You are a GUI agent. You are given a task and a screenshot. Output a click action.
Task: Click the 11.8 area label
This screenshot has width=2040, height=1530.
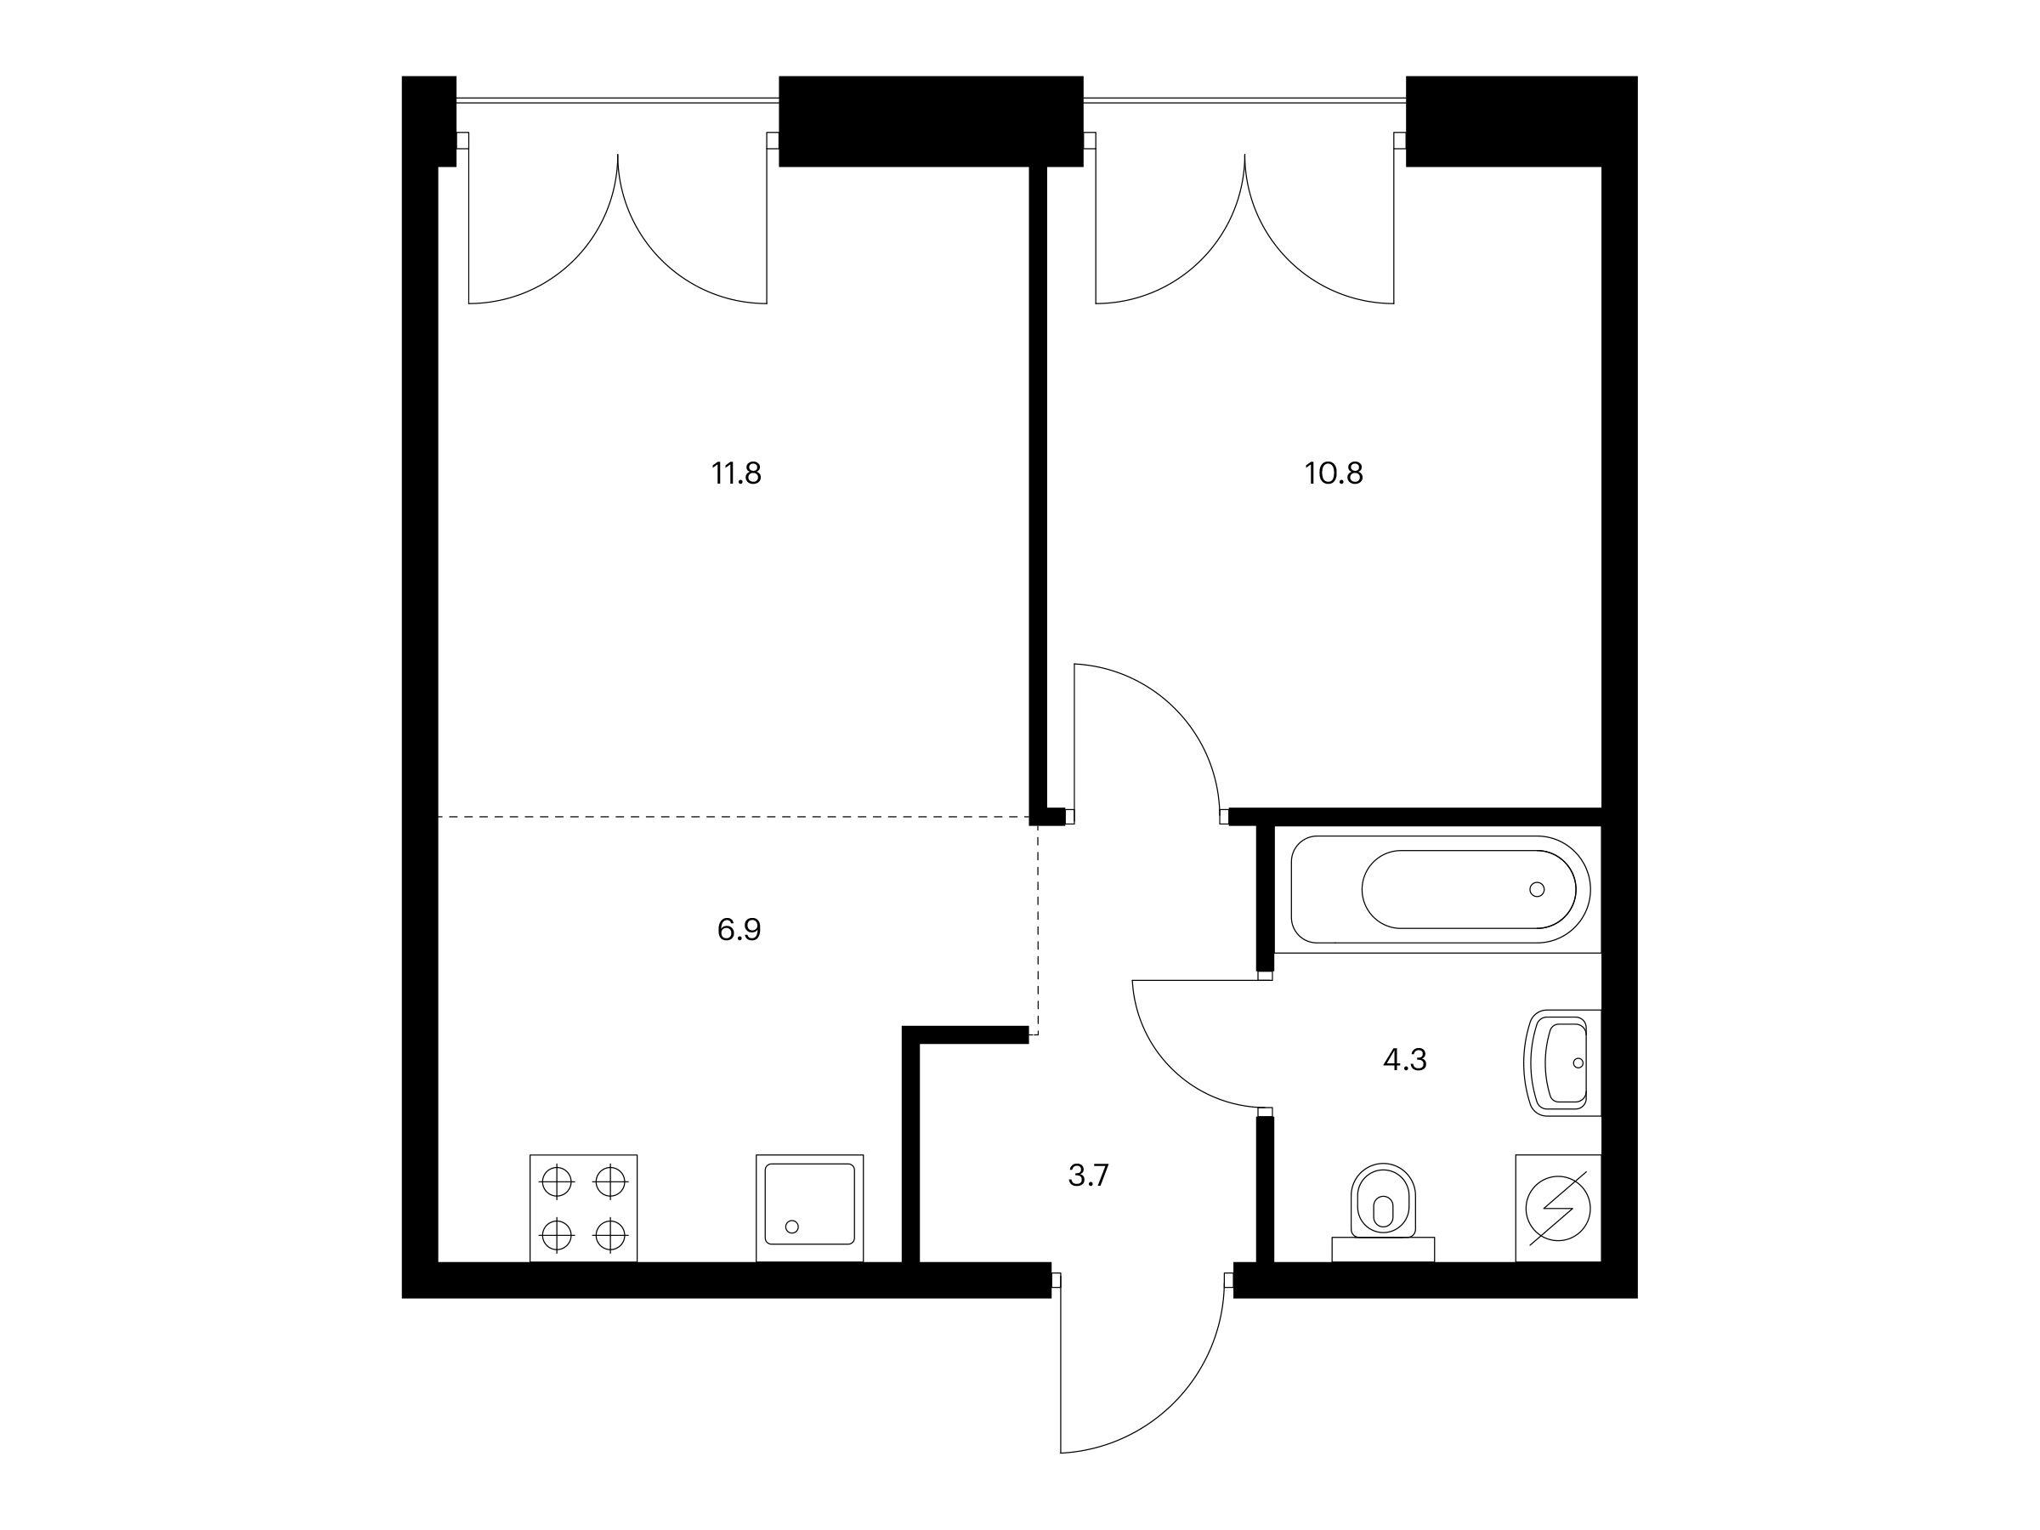click(736, 474)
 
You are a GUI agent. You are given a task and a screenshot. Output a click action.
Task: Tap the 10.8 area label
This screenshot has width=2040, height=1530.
click(1334, 474)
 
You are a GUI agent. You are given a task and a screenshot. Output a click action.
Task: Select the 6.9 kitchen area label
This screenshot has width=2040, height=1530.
click(739, 930)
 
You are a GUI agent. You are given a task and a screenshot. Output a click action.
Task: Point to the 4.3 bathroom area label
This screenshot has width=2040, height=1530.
click(1404, 1061)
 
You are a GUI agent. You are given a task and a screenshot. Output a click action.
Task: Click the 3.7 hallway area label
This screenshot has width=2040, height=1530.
click(1088, 1176)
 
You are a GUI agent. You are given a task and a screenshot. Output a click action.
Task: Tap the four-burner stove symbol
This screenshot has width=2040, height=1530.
click(584, 1208)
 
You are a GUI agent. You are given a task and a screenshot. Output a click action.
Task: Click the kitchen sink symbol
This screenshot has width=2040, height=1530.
click(810, 1208)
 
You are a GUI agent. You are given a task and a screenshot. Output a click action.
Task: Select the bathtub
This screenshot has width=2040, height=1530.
click(1440, 889)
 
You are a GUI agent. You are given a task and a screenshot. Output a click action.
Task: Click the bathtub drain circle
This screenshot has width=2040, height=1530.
click(1537, 889)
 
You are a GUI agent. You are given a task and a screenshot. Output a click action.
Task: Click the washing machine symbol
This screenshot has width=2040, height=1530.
click(1559, 1208)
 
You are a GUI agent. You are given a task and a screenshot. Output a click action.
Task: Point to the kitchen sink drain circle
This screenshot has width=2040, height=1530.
click(791, 1227)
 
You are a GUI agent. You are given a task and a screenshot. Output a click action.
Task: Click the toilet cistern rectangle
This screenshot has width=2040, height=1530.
click(1383, 1249)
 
